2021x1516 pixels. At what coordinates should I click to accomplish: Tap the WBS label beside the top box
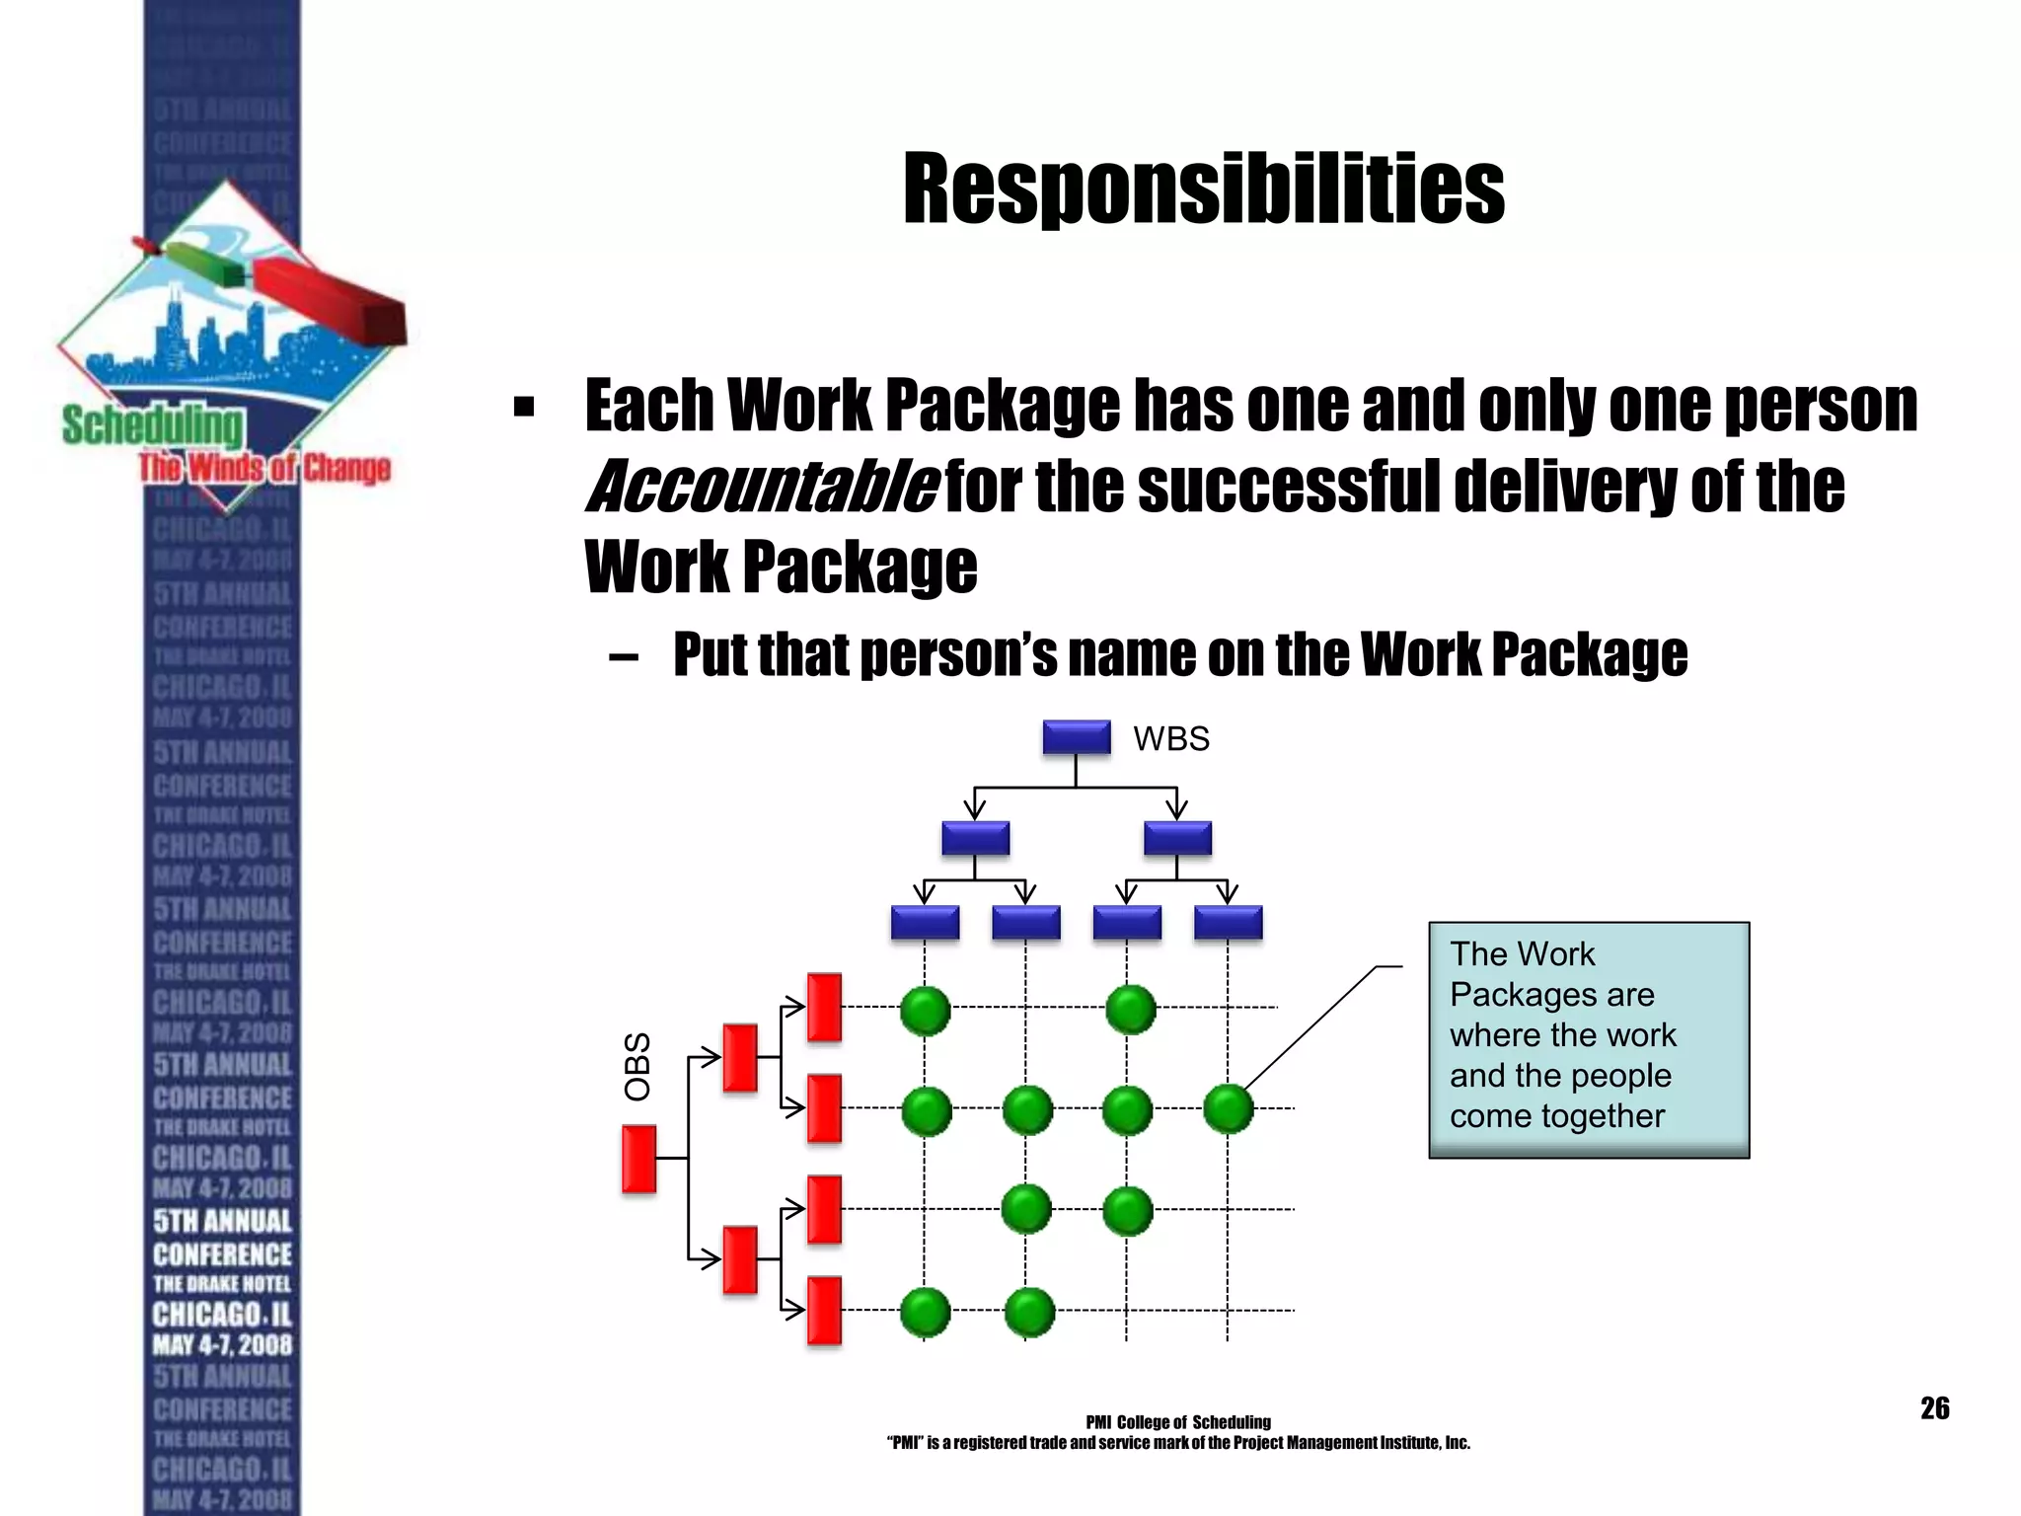pyautogui.click(x=1170, y=739)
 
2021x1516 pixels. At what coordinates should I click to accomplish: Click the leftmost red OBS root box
pyautogui.click(x=639, y=1159)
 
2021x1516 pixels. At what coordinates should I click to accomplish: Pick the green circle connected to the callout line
pyautogui.click(x=1229, y=1108)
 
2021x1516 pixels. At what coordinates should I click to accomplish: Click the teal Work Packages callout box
pyautogui.click(x=1588, y=1039)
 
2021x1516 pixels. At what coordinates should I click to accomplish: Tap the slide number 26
pyautogui.click(x=1934, y=1408)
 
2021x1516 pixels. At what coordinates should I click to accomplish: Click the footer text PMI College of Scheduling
pyautogui.click(x=1177, y=1422)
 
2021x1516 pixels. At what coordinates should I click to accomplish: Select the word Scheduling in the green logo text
pyautogui.click(x=152, y=427)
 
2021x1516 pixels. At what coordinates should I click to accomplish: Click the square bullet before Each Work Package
pyautogui.click(x=524, y=407)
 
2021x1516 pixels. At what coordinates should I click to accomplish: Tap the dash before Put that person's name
pyautogui.click(x=624, y=655)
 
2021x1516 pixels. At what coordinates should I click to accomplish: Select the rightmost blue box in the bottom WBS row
pyautogui.click(x=1228, y=923)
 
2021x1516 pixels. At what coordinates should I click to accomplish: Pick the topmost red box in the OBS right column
pyautogui.click(x=824, y=1007)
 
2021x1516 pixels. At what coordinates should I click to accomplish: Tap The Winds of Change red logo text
pyautogui.click(x=264, y=468)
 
